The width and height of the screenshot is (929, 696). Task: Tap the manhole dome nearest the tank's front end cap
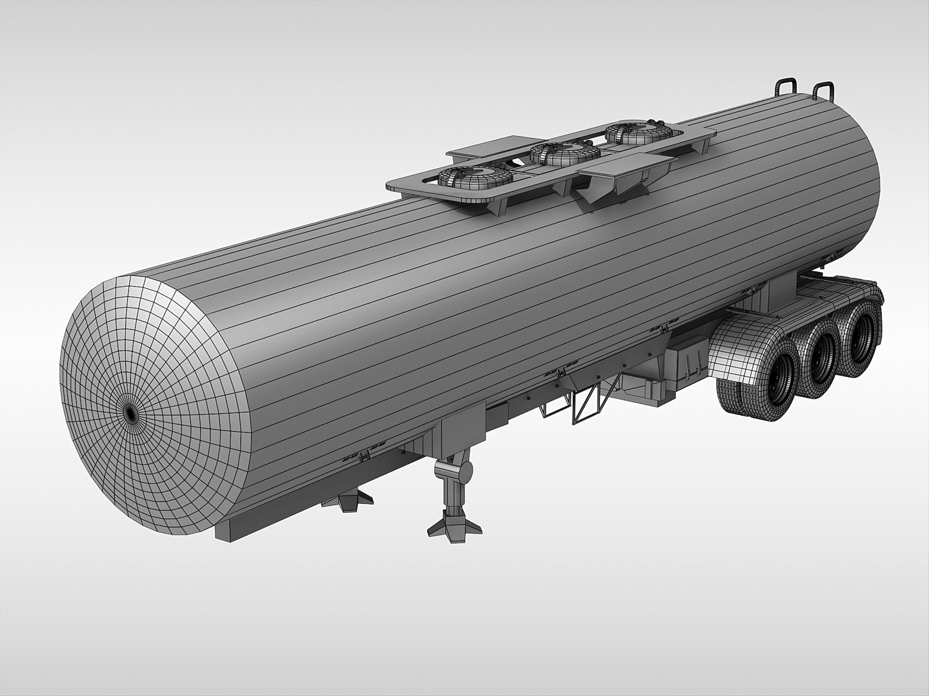tap(475, 179)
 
